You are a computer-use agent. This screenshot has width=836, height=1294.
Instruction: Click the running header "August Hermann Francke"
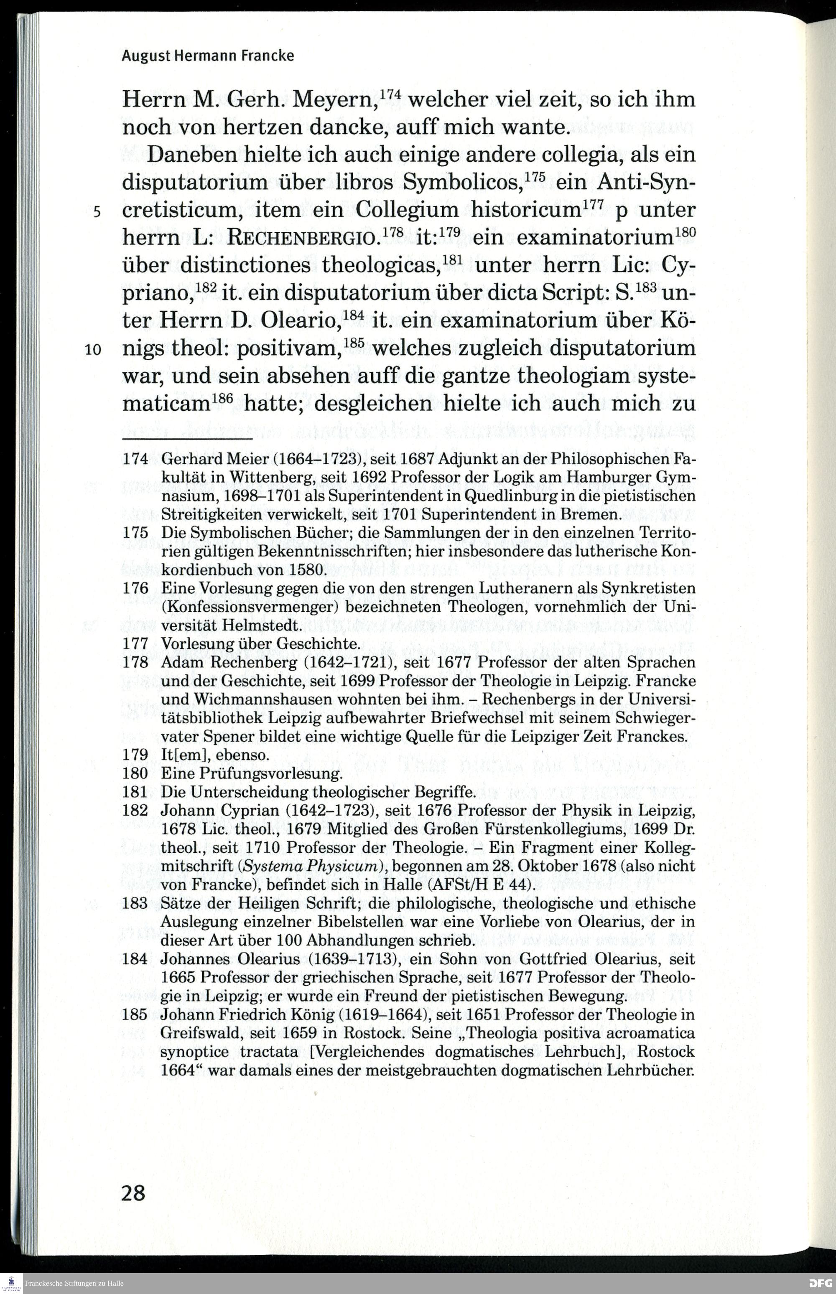click(207, 56)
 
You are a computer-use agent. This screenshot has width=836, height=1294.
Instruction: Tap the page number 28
click(133, 1192)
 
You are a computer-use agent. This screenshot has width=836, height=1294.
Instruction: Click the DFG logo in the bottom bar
click(820, 1283)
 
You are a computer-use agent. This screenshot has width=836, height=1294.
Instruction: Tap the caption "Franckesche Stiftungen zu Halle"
click(74, 1283)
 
